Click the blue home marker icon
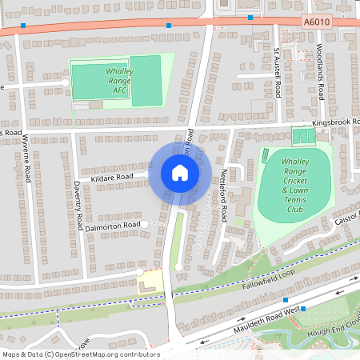tap(180, 172)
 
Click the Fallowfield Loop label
tap(263, 283)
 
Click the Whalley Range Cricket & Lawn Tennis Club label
tap(295, 185)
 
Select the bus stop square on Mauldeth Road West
tap(286, 300)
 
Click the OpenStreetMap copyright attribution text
tap(81, 354)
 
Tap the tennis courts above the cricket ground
tap(303, 137)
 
